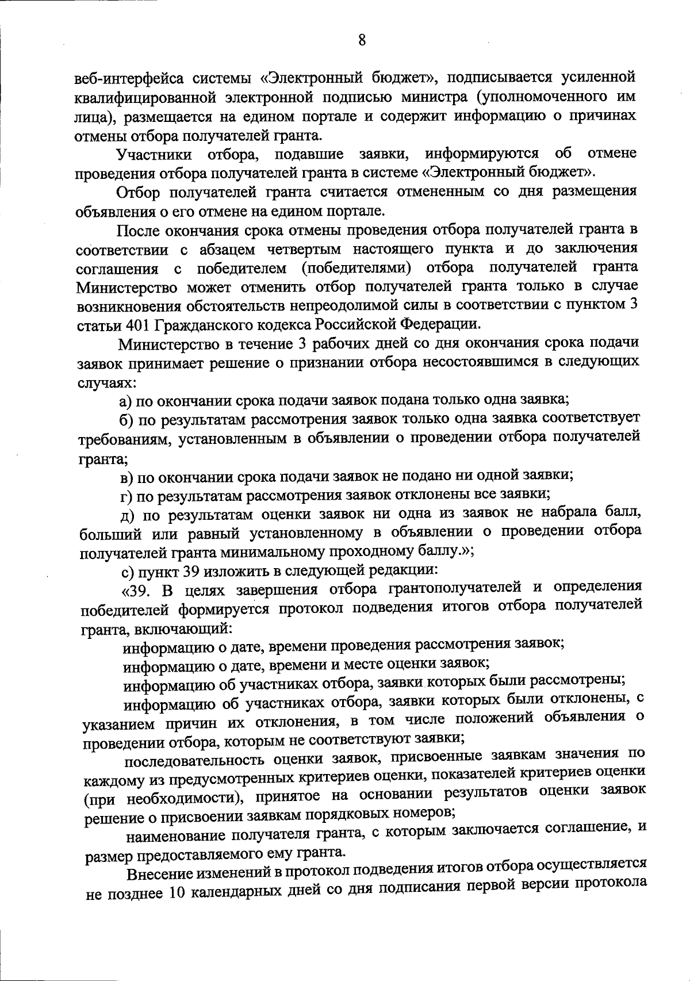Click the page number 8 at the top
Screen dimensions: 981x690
click(361, 40)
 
